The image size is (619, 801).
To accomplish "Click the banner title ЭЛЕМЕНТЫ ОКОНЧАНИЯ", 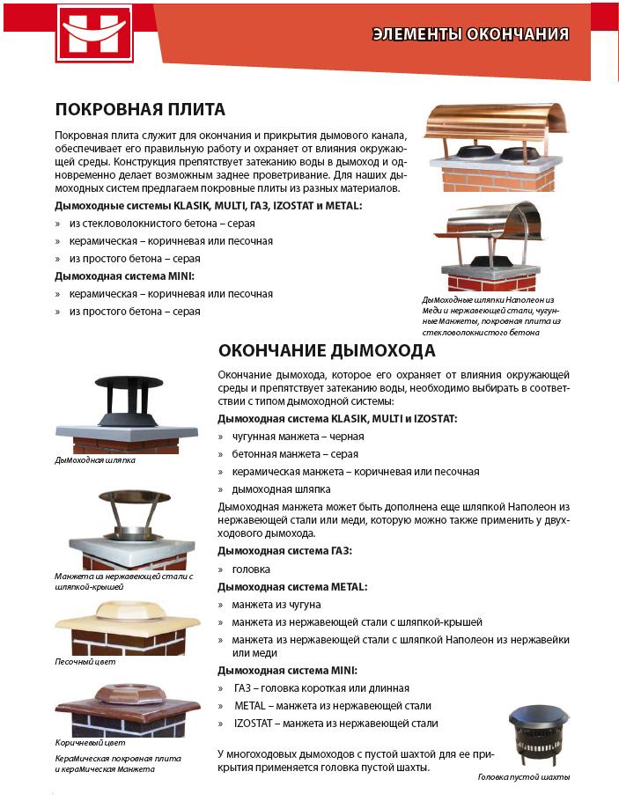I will coord(470,34).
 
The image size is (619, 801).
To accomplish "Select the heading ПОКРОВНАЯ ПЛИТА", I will coord(140,109).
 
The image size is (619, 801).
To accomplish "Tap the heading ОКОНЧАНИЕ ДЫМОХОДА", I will coord(327,351).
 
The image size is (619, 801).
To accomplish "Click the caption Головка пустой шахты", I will coord(523,777).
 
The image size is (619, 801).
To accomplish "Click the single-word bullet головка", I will coord(251,570).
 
